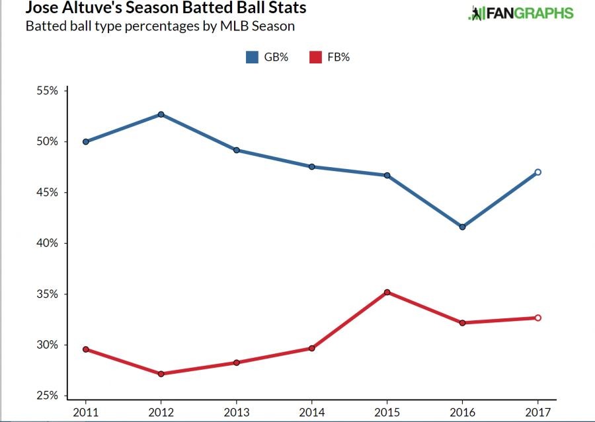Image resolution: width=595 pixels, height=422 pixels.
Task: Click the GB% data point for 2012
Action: (161, 114)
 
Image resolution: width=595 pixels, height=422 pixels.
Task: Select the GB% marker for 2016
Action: (462, 227)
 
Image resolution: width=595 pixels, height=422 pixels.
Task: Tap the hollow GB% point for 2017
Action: (537, 172)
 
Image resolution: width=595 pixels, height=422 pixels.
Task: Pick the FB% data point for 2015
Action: (387, 292)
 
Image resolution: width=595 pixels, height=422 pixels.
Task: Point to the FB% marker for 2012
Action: (161, 374)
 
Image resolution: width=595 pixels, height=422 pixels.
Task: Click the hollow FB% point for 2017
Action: (537, 318)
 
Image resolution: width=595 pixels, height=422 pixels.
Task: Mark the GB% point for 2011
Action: (86, 141)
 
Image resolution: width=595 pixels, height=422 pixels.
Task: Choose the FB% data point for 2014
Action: (311, 348)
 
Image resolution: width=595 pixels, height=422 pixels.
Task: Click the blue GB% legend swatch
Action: (252, 57)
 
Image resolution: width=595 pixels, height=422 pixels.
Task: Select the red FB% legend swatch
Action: (316, 57)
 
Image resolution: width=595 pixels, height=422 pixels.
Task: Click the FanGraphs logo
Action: (520, 13)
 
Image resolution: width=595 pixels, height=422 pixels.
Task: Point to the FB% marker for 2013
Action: (236, 363)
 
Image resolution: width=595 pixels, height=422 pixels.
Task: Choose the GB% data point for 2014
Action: (311, 166)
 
